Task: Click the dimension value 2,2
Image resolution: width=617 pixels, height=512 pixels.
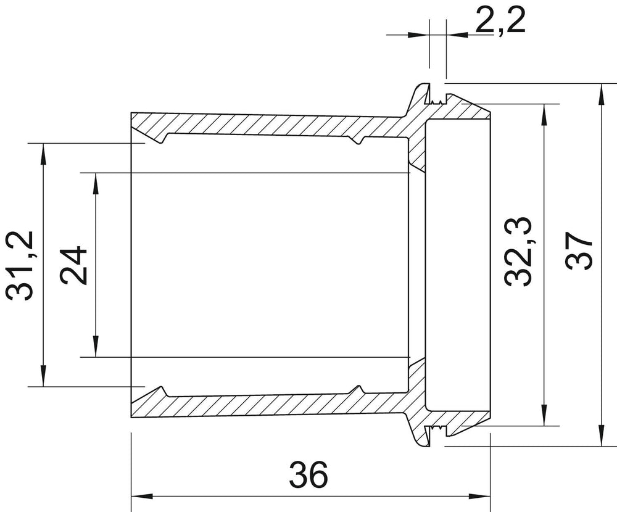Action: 500,20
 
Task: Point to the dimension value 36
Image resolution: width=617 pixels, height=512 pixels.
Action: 308,474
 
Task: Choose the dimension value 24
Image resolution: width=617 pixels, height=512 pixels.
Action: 73,265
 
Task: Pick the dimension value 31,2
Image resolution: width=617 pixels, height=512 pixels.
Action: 20,266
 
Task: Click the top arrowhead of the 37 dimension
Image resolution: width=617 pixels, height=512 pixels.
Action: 602,94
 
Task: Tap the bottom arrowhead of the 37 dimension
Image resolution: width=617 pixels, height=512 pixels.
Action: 602,436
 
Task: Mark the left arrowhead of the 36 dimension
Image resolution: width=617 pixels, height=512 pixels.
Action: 141,496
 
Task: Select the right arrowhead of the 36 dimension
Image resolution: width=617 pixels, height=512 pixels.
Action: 480,496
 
